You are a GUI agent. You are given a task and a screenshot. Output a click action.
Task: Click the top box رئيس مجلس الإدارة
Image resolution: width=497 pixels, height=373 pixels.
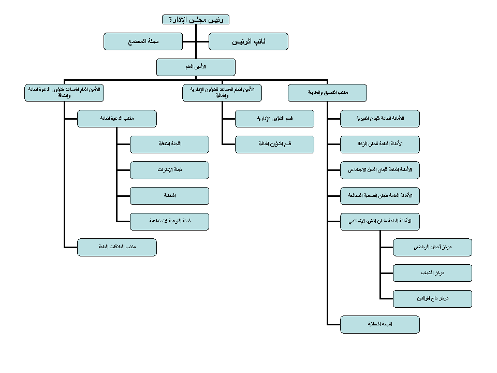[196, 20]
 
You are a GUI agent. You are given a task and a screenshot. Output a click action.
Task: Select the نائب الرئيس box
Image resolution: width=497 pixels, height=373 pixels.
[248, 41]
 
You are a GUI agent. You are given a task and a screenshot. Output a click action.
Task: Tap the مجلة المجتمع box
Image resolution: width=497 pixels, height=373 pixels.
[143, 41]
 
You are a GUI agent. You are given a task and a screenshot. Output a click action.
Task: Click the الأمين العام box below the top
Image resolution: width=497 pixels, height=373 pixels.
[196, 67]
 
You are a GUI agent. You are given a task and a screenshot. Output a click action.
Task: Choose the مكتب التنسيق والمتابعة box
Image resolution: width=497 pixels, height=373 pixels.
[327, 93]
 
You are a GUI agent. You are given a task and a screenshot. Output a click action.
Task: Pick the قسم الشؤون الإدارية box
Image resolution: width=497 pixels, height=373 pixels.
[274, 119]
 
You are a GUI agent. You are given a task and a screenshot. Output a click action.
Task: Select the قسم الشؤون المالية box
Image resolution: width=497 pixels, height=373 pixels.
[274, 145]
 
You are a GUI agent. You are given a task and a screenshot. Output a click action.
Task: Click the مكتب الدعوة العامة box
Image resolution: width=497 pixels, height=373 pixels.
[116, 119]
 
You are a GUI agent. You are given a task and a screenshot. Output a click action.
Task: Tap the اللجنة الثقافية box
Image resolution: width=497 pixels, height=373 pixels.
[169, 145]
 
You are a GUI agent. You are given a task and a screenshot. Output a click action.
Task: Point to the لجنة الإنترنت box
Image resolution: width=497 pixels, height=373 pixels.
[169, 170]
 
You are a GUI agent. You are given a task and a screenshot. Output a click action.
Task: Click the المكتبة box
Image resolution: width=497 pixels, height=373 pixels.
[169, 196]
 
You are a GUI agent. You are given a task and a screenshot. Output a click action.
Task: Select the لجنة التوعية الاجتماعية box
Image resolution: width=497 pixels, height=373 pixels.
[169, 221]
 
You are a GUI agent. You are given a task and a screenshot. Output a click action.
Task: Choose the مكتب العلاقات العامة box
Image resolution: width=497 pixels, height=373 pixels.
[116, 247]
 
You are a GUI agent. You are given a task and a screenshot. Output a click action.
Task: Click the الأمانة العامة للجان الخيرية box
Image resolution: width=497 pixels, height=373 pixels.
[379, 119]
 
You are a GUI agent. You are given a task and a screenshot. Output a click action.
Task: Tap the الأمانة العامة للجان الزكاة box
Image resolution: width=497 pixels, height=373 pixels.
[379, 145]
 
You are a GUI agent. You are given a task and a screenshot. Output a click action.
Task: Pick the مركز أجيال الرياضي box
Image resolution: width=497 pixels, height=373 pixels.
[432, 247]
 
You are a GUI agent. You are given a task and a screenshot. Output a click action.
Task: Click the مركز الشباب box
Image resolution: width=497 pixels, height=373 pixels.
[432, 273]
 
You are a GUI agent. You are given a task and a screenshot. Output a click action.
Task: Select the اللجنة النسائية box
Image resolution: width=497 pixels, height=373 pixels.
[379, 324]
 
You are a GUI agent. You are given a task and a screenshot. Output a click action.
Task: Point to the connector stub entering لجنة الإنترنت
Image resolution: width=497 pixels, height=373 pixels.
[124, 170]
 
